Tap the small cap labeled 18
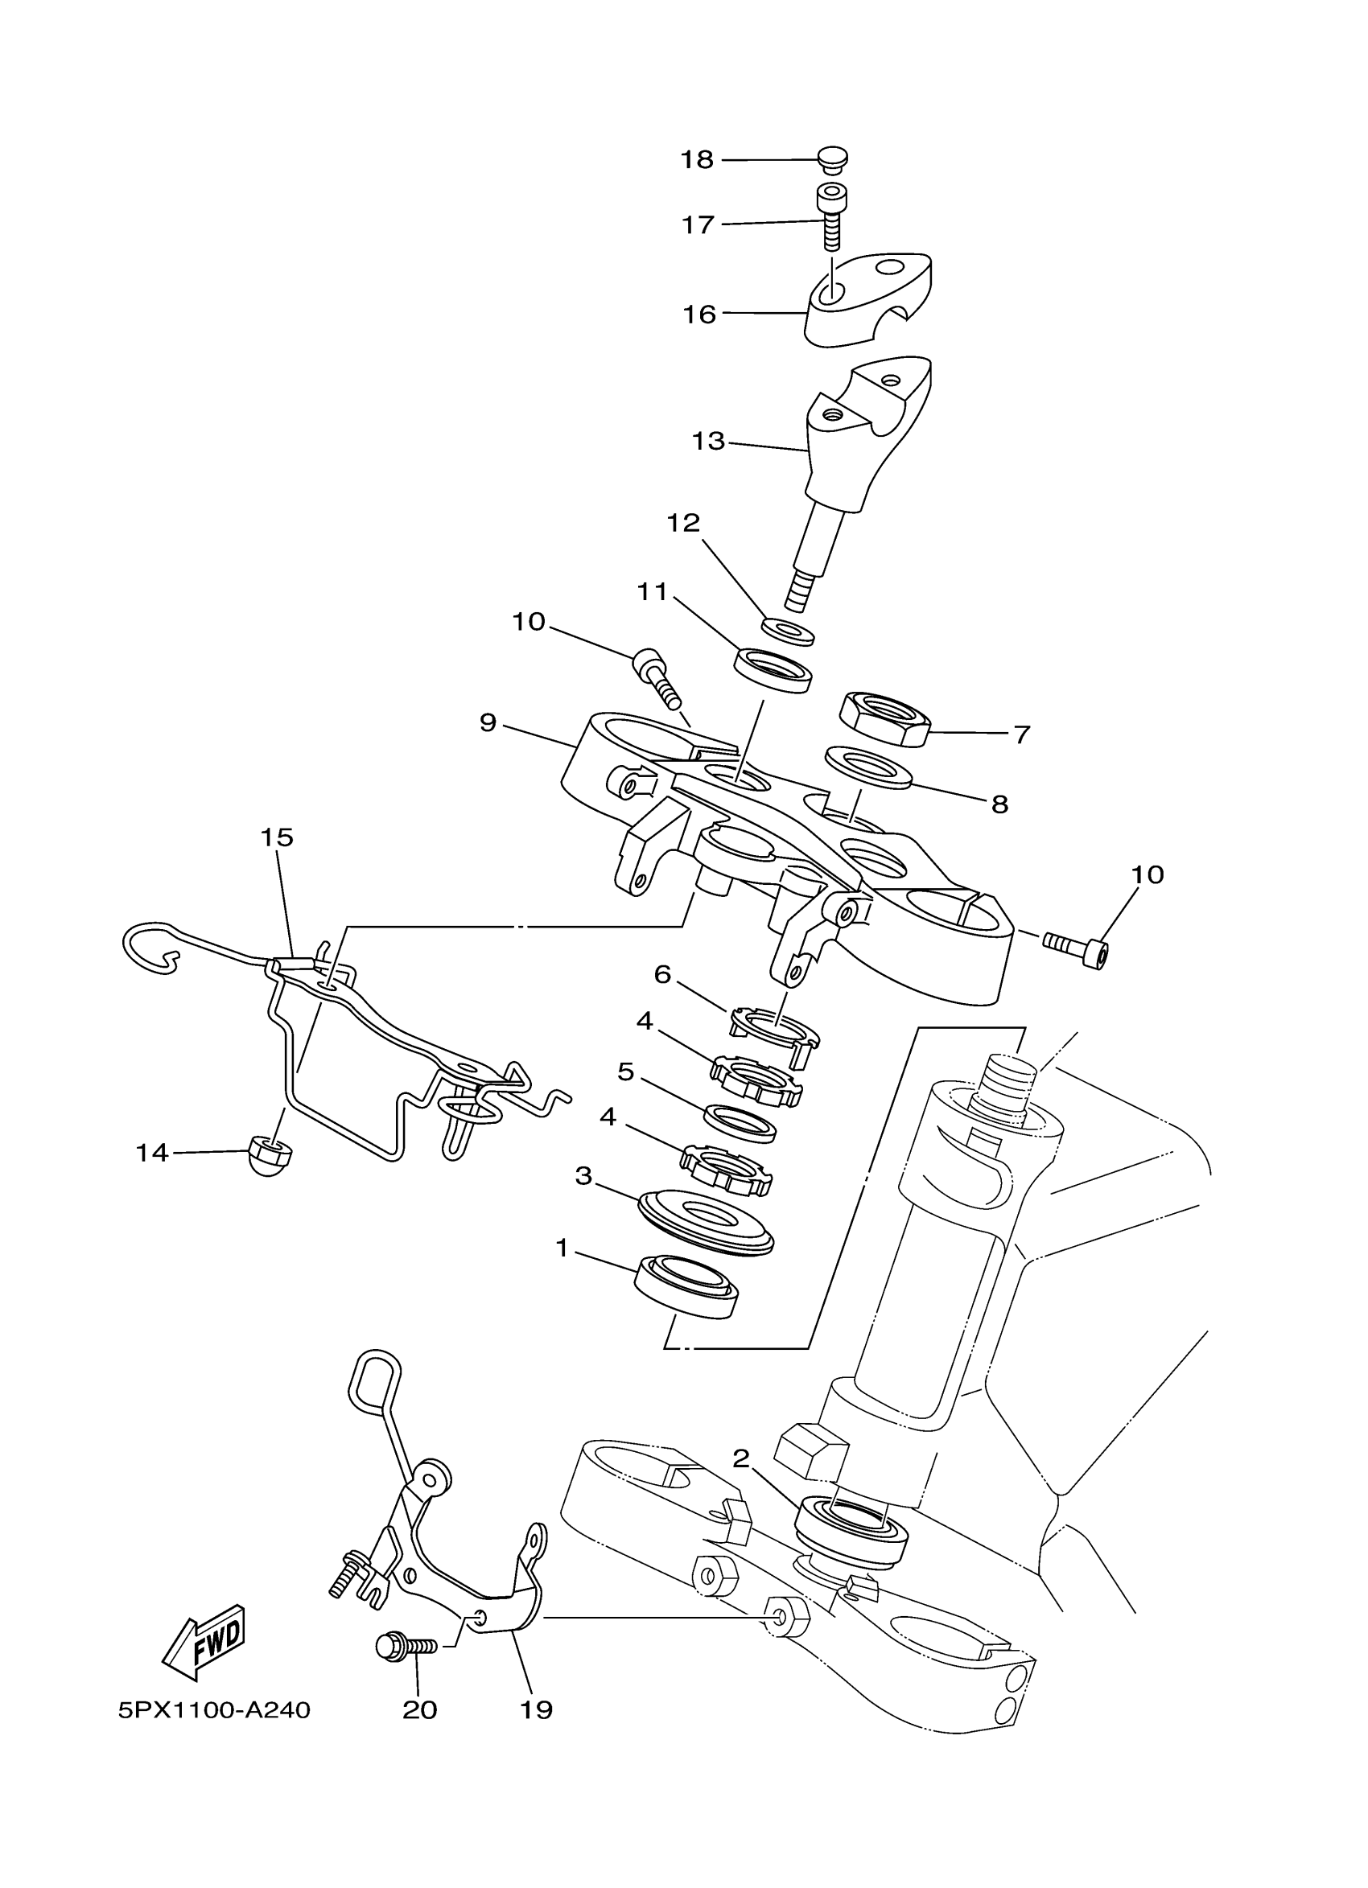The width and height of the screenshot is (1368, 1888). click(x=831, y=158)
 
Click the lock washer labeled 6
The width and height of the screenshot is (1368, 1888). click(x=774, y=1030)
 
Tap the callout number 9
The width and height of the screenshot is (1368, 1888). click(x=488, y=722)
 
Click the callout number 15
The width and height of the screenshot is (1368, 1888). click(x=278, y=837)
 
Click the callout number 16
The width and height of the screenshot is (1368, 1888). click(x=699, y=314)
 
